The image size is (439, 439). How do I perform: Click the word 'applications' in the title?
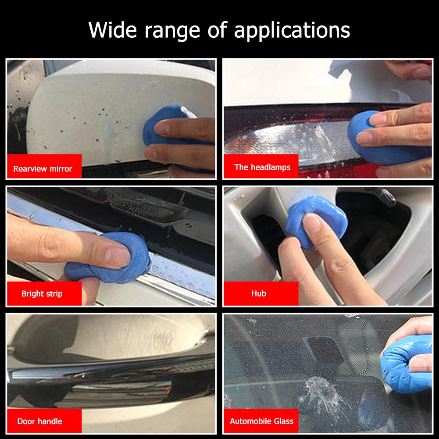coord(292,31)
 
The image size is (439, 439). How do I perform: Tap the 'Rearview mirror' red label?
coord(43,168)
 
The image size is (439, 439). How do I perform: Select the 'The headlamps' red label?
coord(262,167)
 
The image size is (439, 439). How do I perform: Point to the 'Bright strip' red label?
coord(42,294)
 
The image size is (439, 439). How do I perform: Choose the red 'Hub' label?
coord(258,293)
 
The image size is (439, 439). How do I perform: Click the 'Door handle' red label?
coord(39,421)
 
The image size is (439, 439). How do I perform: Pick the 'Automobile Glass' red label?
coord(261,421)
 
